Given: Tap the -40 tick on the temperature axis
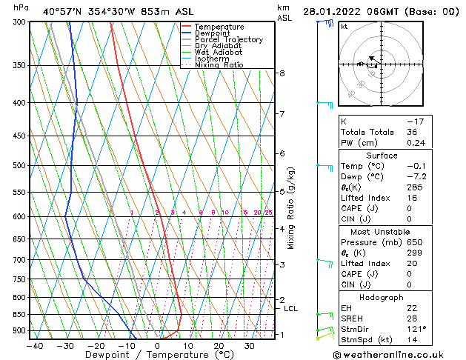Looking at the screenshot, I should (x=34, y=345).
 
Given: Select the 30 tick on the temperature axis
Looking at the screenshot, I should (x=250, y=345).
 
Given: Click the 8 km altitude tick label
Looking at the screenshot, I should (x=282, y=73).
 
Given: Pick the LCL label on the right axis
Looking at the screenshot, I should (x=291, y=308).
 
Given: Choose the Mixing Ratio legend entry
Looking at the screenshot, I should (x=219, y=64).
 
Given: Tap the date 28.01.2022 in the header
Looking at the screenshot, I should (x=330, y=11).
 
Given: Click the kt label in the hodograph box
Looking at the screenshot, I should (x=344, y=26).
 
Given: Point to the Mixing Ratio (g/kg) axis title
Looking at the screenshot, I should (x=291, y=208).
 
